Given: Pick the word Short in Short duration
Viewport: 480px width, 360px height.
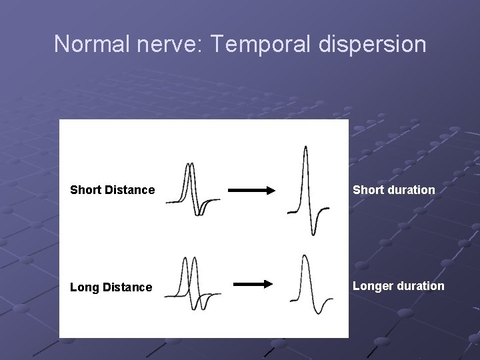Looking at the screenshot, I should pyautogui.click(x=367, y=190).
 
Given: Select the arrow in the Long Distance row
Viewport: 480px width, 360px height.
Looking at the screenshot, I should pyautogui.click(x=253, y=284).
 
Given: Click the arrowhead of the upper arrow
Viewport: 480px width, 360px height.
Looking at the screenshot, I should pyautogui.click(x=269, y=191).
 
